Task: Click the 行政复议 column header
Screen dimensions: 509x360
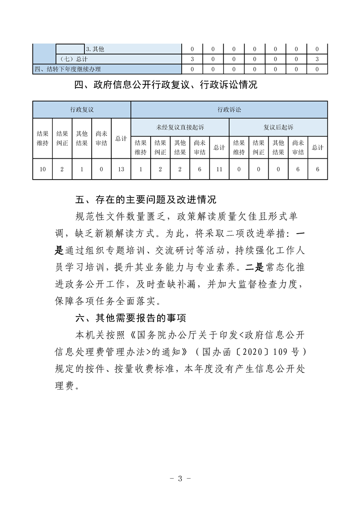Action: tap(82, 110)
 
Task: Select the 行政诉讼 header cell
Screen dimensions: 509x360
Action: tap(229, 110)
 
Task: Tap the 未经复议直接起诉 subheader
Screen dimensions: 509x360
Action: tap(180, 127)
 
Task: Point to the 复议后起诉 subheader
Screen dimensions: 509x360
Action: tap(278, 127)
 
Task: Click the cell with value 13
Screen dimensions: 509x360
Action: tap(121, 169)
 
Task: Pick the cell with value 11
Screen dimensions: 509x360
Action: tap(219, 169)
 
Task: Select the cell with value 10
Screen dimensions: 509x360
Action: tap(43, 169)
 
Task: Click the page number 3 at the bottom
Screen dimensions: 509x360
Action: tap(180, 479)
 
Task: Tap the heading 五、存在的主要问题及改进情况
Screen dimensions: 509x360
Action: tap(145, 200)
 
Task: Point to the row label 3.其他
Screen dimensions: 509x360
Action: tap(95, 49)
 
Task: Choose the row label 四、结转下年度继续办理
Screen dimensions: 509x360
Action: tap(68, 69)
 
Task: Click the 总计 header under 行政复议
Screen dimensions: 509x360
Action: tap(121, 138)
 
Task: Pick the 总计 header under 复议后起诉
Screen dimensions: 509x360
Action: tap(317, 147)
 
